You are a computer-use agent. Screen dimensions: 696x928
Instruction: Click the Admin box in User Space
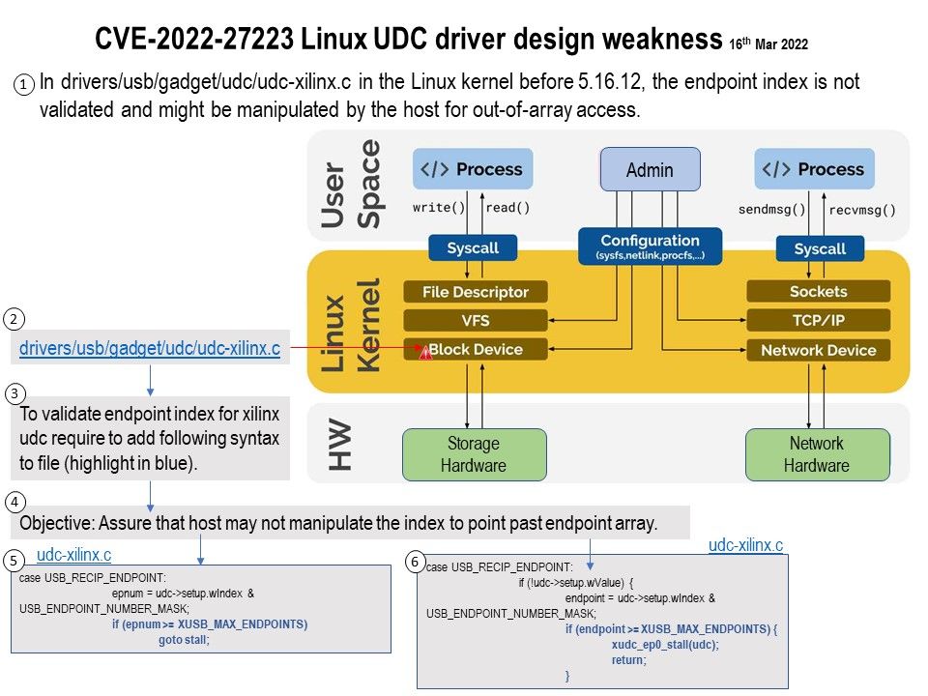650,170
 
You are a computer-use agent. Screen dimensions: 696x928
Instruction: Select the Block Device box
475,350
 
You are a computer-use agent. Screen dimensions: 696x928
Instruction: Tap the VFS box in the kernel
475,320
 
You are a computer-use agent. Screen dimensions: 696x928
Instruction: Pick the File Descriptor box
475,292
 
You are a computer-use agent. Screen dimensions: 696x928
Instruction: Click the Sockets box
818,291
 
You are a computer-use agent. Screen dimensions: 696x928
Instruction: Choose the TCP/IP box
818,320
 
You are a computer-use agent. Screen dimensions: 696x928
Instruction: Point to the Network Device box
818,350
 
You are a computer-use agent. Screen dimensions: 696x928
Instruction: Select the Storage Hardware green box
474,454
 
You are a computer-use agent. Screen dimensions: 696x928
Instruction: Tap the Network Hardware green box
817,454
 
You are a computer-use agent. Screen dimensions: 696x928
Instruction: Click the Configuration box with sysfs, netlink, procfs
650,246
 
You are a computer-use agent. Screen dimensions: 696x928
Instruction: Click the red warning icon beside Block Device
423,353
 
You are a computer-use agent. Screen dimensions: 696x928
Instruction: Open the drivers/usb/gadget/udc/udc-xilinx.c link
150,348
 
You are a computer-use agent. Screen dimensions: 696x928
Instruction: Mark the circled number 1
24,85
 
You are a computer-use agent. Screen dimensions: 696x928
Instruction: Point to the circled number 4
14,503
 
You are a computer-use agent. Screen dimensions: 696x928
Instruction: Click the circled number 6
415,562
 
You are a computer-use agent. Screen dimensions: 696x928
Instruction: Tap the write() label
438,207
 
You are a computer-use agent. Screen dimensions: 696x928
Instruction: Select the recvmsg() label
862,209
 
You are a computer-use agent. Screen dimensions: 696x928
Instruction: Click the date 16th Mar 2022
769,44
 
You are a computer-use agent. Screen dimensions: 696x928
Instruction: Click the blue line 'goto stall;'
184,638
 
